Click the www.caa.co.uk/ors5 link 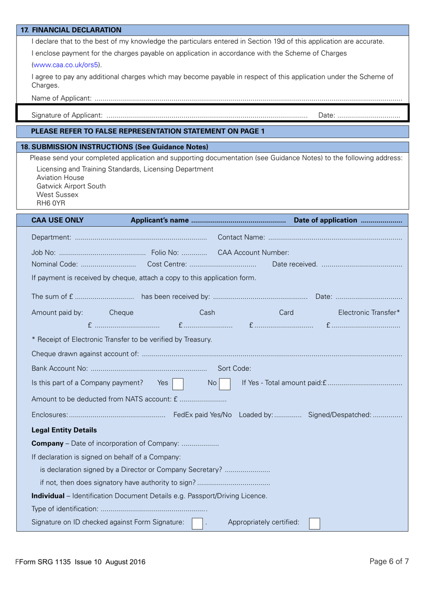66,65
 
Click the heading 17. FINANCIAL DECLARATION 71,30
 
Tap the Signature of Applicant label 67,115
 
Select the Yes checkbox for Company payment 178,384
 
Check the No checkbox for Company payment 225,384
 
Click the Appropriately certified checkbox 314,524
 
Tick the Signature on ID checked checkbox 197,524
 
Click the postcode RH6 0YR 51,203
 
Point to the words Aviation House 60,178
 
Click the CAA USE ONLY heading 57,220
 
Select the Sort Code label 234,369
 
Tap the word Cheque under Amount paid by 121,313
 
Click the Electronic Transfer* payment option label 369,313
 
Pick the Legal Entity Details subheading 64,430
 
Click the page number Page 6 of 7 389,561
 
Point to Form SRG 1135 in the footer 44,562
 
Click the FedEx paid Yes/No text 202,415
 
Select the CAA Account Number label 253,253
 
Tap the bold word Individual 48,496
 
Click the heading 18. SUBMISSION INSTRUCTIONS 114,147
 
